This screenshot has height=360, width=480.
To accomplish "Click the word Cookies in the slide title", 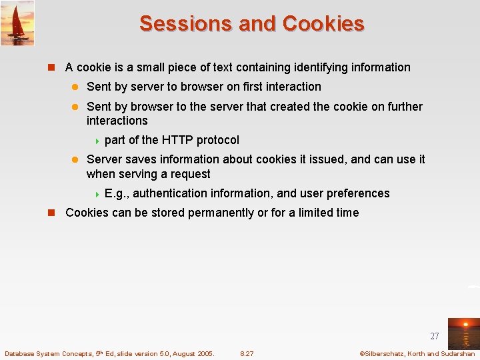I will pos(323,23).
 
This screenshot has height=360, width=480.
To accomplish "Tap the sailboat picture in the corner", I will pos(17,23).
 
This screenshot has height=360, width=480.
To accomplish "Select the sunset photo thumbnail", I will pos(463,333).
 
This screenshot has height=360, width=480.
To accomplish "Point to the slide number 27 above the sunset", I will pos(435,337).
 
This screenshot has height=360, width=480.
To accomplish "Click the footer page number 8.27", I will pos(247,353).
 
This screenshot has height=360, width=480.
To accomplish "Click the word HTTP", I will pos(177,140).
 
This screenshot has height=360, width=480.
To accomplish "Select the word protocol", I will pos(218,140).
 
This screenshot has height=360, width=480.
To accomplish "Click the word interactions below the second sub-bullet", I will pos(117,121).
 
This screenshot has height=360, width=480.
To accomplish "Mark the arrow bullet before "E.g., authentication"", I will pos(97,194).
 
